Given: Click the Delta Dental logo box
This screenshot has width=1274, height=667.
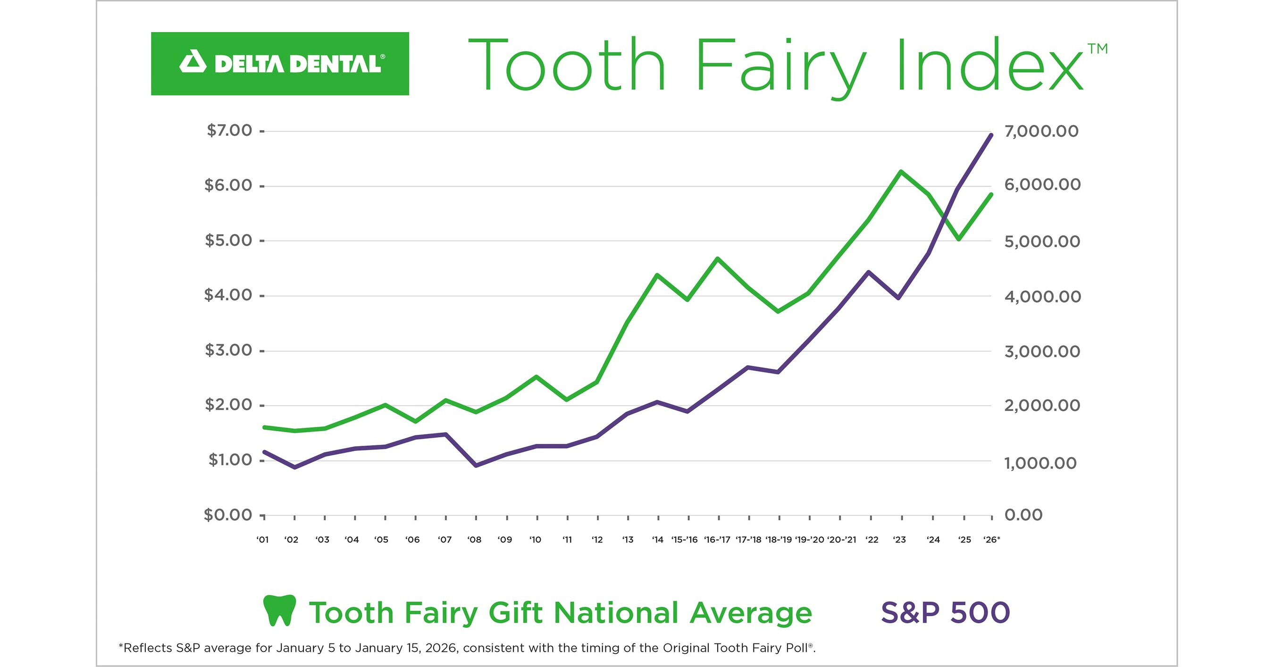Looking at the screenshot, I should coord(279,64).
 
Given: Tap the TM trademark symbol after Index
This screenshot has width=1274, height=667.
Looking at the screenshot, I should coord(1097,49).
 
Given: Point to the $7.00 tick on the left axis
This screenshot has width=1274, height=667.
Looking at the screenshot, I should coord(229,131).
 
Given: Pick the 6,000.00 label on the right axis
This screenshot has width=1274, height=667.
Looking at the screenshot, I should coord(1042,184).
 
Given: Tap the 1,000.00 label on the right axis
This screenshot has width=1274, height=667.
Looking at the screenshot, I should coord(1040,463).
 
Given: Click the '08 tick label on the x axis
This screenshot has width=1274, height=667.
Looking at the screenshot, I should coord(474,540).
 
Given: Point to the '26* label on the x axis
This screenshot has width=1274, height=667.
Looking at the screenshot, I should coord(991,540).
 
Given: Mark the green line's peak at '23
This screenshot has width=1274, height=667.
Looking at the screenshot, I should coord(901,172).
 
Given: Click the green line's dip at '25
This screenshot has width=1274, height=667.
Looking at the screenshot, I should coord(959,239).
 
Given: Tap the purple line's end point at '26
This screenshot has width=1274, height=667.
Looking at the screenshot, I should coord(990,135).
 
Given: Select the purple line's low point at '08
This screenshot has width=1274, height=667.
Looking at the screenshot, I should coord(476,465).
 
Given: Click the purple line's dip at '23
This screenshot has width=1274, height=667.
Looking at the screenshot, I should coord(898,298).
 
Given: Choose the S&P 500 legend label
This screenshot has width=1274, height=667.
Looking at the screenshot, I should coord(945,612).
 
